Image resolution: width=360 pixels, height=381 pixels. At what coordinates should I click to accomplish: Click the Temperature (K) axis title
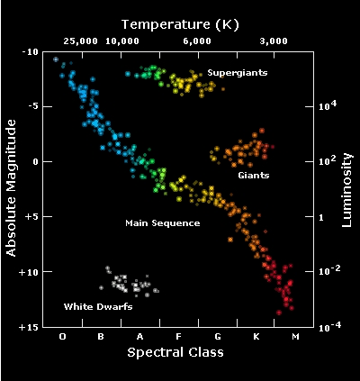pyautogui.click(x=180, y=24)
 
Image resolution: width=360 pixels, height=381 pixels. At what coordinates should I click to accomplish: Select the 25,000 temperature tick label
pyautogui.click(x=81, y=41)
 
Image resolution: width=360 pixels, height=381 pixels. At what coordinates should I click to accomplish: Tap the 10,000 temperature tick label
pyautogui.click(x=122, y=41)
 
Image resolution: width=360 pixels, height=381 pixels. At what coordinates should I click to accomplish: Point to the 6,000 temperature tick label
pyautogui.click(x=197, y=41)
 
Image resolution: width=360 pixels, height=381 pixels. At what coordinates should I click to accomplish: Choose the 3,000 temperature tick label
pyautogui.click(x=274, y=41)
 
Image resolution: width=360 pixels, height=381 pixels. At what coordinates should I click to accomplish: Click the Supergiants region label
pyautogui.click(x=238, y=73)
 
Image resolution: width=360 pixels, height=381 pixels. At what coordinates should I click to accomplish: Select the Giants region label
pyautogui.click(x=254, y=175)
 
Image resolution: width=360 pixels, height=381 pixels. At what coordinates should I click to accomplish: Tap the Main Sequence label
pyautogui.click(x=163, y=223)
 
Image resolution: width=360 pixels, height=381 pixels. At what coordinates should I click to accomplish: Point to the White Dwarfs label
pyautogui.click(x=98, y=306)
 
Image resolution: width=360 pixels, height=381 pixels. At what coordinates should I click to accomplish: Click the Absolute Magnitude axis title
pyautogui.click(x=11, y=188)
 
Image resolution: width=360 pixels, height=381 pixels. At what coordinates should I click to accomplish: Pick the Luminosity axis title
pyautogui.click(x=346, y=190)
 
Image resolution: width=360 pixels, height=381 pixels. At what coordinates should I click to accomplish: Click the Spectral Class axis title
pyautogui.click(x=175, y=352)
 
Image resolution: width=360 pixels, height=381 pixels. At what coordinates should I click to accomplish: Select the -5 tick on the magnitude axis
pyautogui.click(x=32, y=106)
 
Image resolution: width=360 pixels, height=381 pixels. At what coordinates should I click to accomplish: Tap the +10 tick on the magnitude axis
pyautogui.click(x=29, y=272)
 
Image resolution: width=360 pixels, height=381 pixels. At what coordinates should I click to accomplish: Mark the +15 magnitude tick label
pyautogui.click(x=29, y=327)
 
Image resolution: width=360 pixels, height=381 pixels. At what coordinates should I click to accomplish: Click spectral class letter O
pyautogui.click(x=62, y=337)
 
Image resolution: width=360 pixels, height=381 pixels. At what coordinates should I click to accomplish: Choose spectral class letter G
pyautogui.click(x=218, y=337)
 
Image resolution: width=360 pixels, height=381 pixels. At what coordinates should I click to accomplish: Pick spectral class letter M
pyautogui.click(x=295, y=337)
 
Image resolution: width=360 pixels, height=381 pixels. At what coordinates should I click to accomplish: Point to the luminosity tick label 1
pyautogui.click(x=321, y=217)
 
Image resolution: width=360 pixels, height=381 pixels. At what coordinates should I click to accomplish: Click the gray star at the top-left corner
pyautogui.click(x=56, y=59)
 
